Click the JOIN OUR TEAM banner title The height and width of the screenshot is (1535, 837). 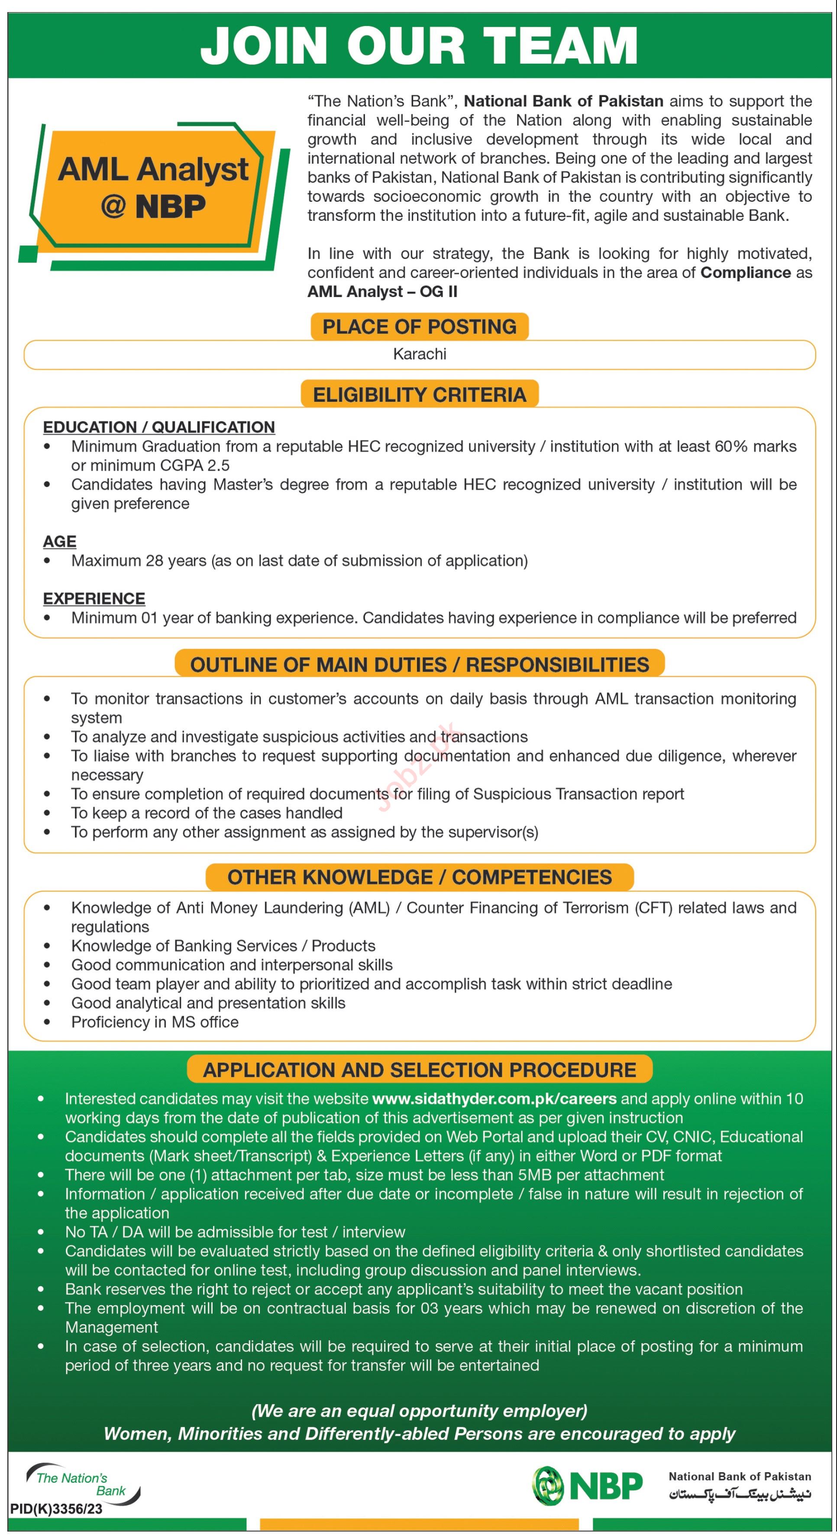pyautogui.click(x=419, y=46)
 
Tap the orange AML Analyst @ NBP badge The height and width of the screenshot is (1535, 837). pyautogui.click(x=154, y=187)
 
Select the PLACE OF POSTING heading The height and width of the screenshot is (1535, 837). pyautogui.click(x=420, y=326)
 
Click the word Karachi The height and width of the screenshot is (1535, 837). pyautogui.click(x=420, y=354)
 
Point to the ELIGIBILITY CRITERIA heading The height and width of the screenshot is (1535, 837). pyautogui.click(x=420, y=394)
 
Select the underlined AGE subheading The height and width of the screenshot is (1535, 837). pyautogui.click(x=60, y=541)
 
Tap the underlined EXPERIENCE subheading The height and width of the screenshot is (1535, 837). pyautogui.click(x=94, y=598)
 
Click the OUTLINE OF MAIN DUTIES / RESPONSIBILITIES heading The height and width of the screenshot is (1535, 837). pyautogui.click(x=420, y=664)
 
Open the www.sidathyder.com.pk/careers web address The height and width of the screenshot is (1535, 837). pyautogui.click(x=494, y=1099)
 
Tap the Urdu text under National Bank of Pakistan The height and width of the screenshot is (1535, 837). pyautogui.click(x=739, y=1494)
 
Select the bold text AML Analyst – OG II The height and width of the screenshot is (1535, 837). pyautogui.click(x=382, y=291)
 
